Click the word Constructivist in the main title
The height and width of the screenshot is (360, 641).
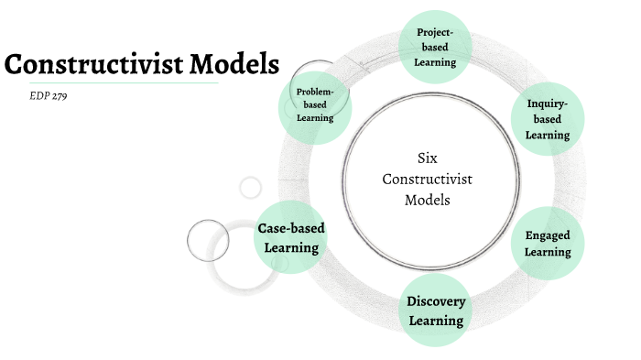point(88,65)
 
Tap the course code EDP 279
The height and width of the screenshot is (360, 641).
point(49,95)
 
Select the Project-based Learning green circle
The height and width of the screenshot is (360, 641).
point(436,47)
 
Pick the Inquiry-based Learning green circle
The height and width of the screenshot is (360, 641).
point(548,119)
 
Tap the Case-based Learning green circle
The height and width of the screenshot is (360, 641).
point(290,238)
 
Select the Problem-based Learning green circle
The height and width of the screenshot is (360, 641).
point(314,104)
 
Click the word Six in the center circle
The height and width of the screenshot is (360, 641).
point(428,158)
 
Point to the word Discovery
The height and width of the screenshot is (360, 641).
point(436,301)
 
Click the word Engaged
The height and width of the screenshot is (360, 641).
point(548,235)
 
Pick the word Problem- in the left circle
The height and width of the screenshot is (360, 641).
point(314,92)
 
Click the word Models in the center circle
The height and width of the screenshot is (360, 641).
point(428,200)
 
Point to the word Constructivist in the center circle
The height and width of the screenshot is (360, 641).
point(428,179)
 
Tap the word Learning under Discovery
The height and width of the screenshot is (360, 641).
point(436,321)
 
